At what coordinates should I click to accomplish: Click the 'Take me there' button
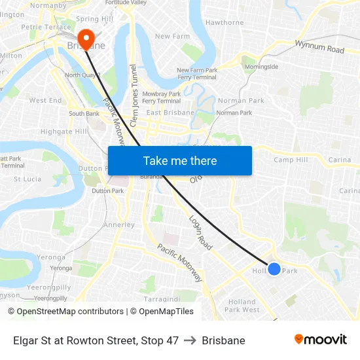coord(179,160)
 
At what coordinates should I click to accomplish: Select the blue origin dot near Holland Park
coord(274,268)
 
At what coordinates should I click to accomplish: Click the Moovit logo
coord(320,340)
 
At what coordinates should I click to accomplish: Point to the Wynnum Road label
coord(319,46)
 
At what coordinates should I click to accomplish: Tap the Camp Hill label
coord(291,160)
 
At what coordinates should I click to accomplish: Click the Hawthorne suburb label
coord(225,22)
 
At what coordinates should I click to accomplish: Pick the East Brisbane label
coord(170,113)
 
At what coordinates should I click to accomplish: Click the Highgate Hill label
coord(63,132)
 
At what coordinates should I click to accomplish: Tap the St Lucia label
coord(27,179)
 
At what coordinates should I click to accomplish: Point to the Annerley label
coord(118,225)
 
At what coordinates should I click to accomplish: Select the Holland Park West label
coord(242,306)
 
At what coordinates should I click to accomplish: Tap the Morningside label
coord(261,67)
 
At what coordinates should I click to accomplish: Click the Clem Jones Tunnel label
coord(134,95)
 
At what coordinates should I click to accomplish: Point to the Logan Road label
coord(200,233)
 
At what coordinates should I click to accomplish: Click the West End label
coord(45,101)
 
